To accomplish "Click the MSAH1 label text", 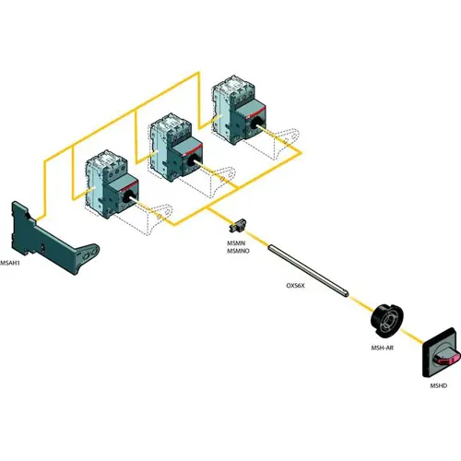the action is [9, 263].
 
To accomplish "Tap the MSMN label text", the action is [236, 243].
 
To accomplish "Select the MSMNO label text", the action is [238, 251].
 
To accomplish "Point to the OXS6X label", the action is [295, 286].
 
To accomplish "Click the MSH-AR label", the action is [383, 348].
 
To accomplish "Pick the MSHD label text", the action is [439, 385].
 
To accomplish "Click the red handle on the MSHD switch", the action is [448, 360].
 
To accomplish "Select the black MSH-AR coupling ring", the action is [386, 320].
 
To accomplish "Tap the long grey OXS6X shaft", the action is [308, 270].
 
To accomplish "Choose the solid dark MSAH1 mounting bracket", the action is [53, 237].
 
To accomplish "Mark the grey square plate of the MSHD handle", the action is [442, 352].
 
